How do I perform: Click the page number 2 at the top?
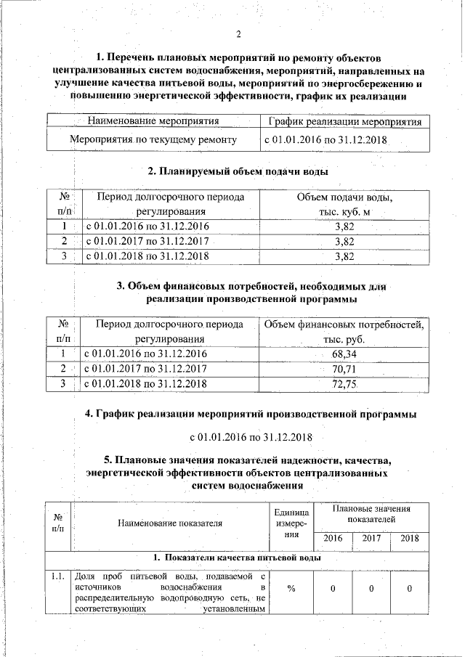tap(238, 33)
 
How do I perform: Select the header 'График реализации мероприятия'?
tap(344, 121)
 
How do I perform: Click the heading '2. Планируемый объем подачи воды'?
tap(238, 171)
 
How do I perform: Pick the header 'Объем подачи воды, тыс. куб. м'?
tap(344, 205)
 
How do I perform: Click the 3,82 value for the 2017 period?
tap(344, 241)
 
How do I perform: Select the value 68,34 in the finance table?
tap(344, 354)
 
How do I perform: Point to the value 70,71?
tap(344, 369)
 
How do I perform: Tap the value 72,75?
tap(344, 384)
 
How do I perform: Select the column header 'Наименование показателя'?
tap(168, 521)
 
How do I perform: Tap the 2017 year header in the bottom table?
tap(371, 539)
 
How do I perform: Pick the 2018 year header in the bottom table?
tap(410, 539)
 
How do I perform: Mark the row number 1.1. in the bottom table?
tap(58, 576)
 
